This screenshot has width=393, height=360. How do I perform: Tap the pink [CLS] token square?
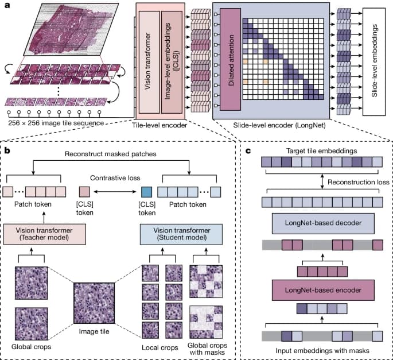tap(84, 192)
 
